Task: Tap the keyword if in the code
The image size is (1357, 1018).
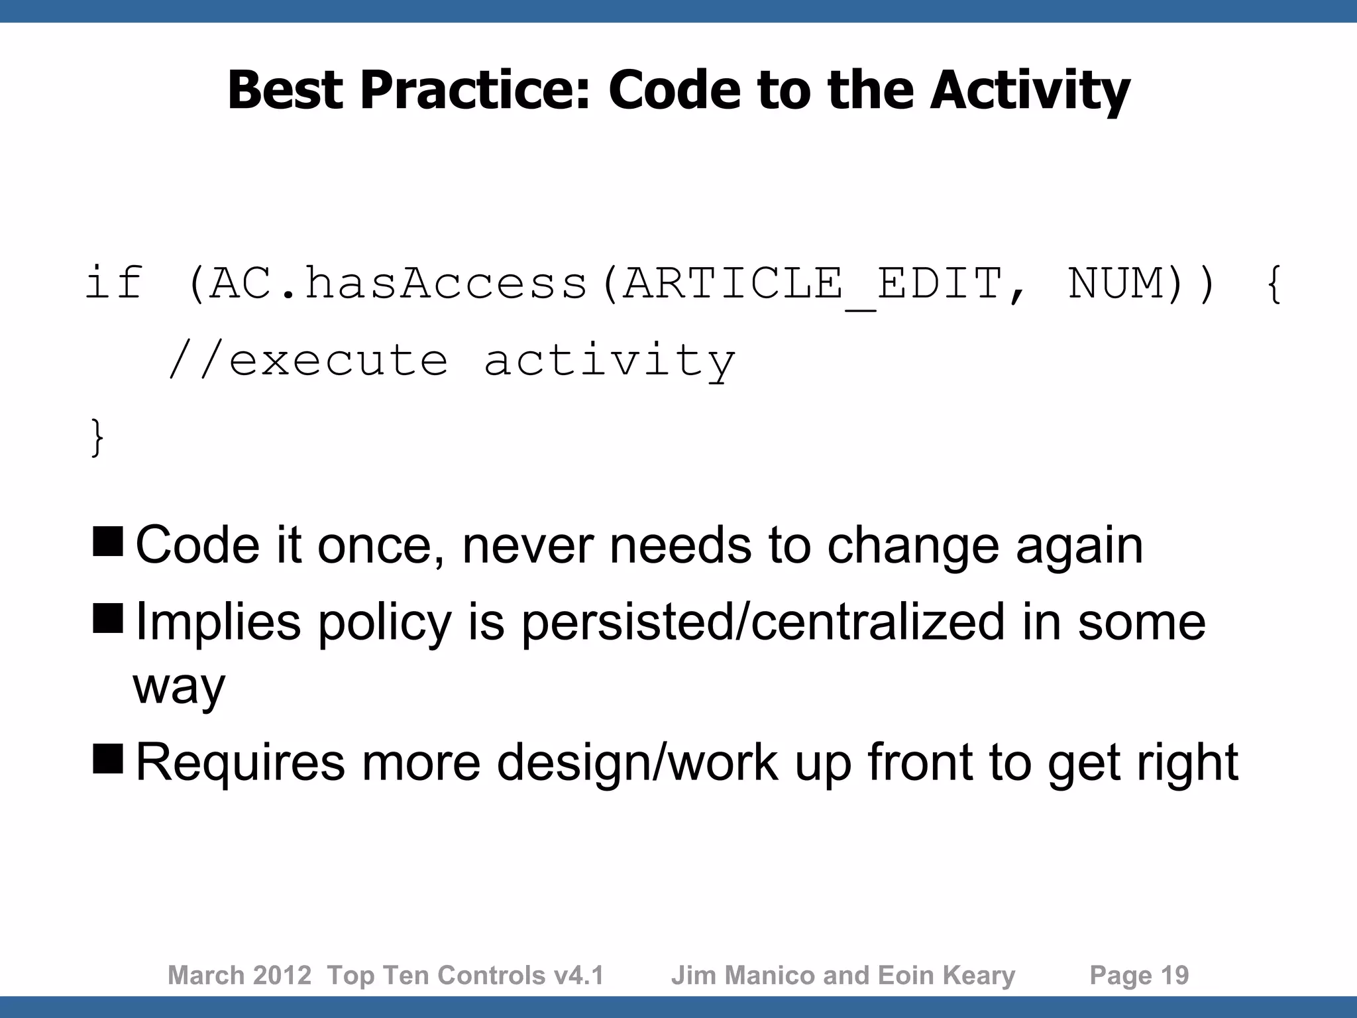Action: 114,283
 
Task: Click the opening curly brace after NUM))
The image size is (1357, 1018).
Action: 1273,284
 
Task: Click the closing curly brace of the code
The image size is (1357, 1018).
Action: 97,437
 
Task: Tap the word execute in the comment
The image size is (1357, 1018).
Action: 338,361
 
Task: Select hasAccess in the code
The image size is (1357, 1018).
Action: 446,284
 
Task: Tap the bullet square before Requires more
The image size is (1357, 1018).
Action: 108,758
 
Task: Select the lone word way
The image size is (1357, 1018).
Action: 179,687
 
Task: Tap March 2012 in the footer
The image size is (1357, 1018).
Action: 239,976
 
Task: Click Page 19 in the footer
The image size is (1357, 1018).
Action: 1139,976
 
